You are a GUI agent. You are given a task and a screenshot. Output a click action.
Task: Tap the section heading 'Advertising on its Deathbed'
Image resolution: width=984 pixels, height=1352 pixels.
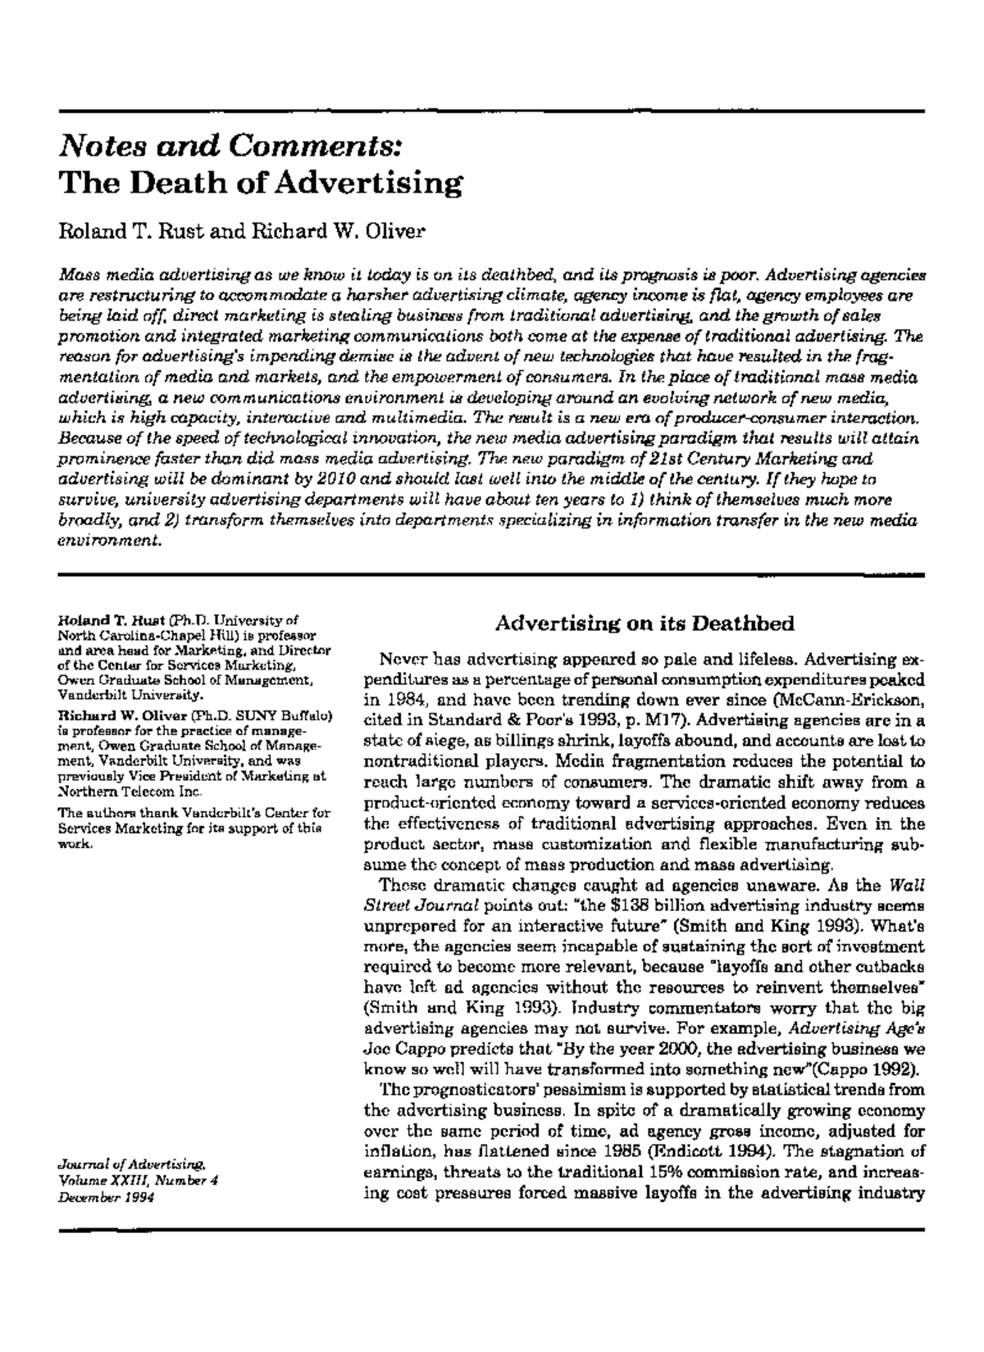[x=645, y=624]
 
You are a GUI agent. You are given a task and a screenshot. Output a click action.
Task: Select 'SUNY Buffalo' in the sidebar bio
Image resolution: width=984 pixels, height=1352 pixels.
[x=291, y=715]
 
